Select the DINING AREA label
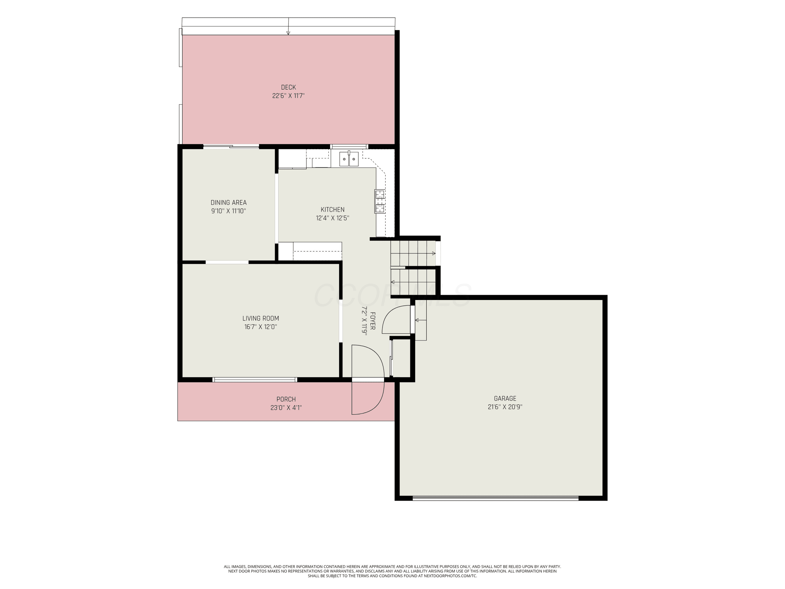[x=228, y=203]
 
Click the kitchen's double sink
[x=350, y=158]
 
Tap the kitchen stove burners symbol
[x=380, y=201]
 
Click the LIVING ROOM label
[x=261, y=319]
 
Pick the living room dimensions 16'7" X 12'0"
[x=261, y=327]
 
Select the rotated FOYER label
[x=373, y=321]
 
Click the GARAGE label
[x=505, y=399]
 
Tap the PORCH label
[x=286, y=399]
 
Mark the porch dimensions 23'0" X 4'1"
[x=286, y=408]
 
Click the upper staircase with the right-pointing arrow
[x=413, y=253]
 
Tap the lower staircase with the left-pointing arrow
[x=413, y=282]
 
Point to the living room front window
[x=255, y=380]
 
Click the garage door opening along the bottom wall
[x=495, y=498]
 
